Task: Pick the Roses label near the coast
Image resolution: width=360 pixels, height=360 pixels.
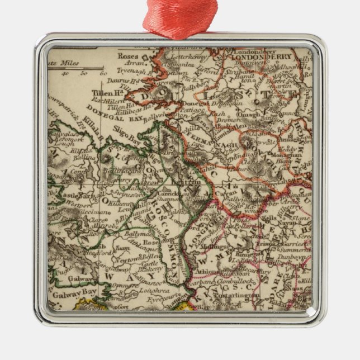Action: click(x=128, y=56)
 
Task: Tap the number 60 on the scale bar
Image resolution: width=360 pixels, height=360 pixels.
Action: click(x=103, y=73)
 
